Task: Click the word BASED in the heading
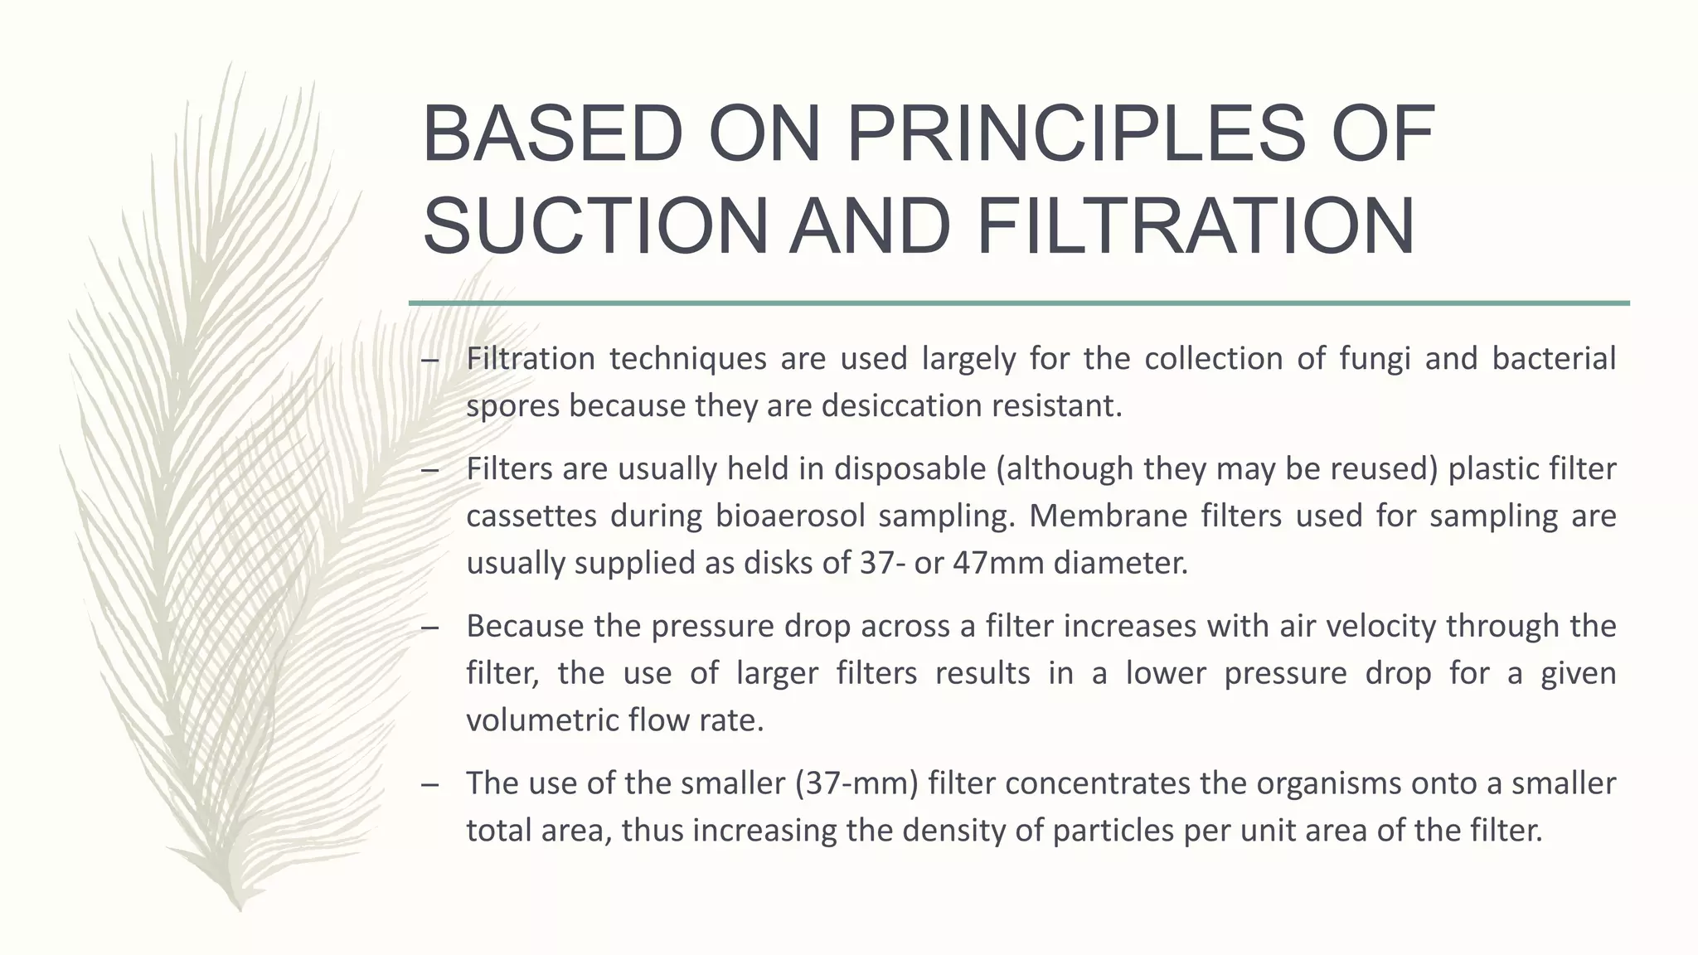(x=552, y=134)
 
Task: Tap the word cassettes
(x=531, y=516)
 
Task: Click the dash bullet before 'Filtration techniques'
(x=429, y=360)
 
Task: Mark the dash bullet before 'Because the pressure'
(x=429, y=628)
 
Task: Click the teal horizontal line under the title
(x=1019, y=303)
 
